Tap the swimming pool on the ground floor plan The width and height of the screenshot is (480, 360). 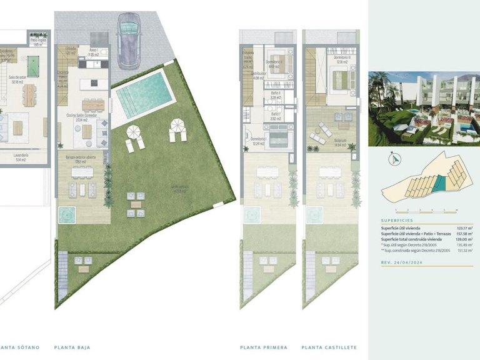(x=143, y=96)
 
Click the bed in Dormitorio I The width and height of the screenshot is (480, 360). (x=279, y=138)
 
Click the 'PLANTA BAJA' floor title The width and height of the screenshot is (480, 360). (x=74, y=347)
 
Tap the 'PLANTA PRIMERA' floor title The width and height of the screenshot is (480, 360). (x=264, y=347)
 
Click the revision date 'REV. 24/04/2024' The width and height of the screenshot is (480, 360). (x=402, y=262)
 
